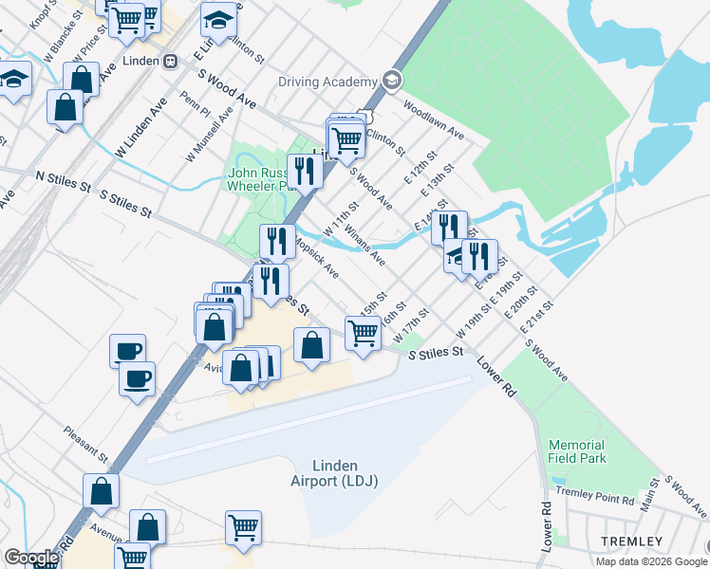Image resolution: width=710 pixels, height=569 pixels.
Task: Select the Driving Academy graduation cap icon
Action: coord(391,82)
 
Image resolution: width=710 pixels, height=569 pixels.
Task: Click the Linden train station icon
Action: coord(170,61)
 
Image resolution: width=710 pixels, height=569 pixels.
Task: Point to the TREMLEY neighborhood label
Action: coord(630,541)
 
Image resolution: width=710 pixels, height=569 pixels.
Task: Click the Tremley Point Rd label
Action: coord(601,492)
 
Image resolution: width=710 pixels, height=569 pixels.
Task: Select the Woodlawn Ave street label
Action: coord(433,120)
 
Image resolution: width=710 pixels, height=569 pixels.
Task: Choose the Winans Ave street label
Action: coord(365,244)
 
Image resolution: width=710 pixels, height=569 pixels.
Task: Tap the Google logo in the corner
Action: coord(31,558)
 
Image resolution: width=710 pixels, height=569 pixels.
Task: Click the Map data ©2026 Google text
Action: coord(650,561)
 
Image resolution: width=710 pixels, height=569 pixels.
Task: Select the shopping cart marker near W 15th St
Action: coord(364,333)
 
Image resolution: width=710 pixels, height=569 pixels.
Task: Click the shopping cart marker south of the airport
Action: coord(244,527)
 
